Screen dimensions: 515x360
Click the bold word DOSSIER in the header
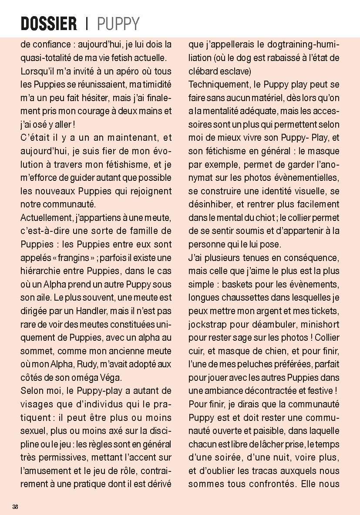49,24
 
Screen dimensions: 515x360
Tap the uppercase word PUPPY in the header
118,24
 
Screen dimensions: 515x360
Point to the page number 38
15,506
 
